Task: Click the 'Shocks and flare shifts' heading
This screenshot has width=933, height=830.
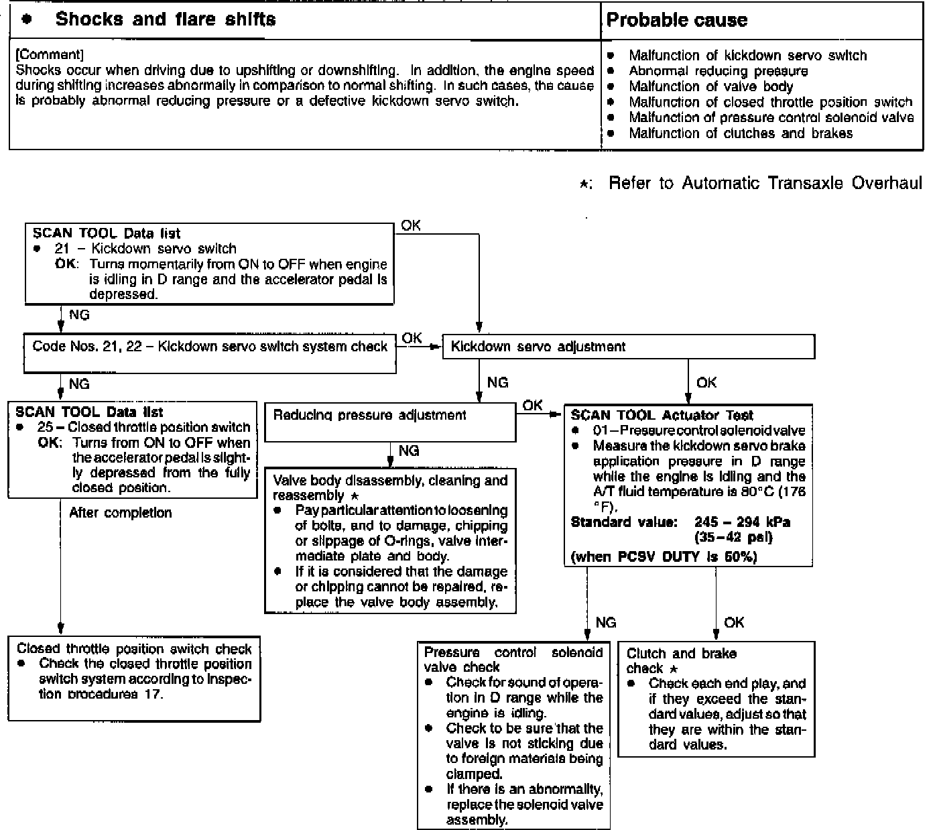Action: tap(165, 19)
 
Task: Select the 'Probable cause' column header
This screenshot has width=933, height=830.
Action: tap(676, 20)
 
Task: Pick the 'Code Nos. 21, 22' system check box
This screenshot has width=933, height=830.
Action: tap(210, 347)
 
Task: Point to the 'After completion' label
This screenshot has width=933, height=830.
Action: tap(121, 513)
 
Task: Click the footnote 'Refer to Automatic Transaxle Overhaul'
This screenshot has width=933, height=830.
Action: tap(765, 184)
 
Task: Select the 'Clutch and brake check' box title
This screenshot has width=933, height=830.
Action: tap(681, 660)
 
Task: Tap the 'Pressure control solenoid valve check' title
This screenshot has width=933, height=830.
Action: tap(513, 660)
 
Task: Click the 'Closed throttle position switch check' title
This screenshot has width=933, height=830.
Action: tap(134, 649)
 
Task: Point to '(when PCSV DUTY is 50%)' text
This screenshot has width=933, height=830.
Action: tap(663, 557)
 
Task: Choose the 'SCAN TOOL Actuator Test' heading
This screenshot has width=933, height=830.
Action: tap(662, 416)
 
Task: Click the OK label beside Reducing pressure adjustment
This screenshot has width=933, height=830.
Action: tap(532, 406)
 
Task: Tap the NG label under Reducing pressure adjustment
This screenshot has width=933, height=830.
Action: tap(408, 451)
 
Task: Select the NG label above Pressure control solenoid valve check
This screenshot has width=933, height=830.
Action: tap(605, 623)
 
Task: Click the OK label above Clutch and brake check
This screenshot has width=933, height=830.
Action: tap(734, 623)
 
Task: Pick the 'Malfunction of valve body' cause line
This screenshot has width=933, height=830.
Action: tap(710, 86)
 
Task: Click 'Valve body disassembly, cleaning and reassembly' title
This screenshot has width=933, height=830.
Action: tap(390, 488)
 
